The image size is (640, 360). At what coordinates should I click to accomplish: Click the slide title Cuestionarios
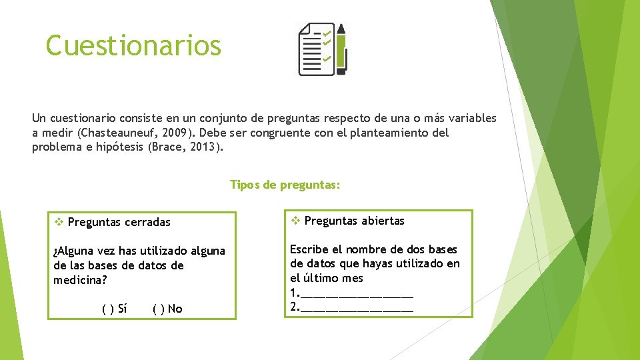point(133,45)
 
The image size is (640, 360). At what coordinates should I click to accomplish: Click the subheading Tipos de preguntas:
point(285,185)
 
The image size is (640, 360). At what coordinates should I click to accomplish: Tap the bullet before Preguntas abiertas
point(295,221)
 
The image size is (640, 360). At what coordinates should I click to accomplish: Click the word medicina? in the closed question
point(80,280)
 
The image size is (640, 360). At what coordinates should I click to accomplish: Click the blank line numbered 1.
point(357,293)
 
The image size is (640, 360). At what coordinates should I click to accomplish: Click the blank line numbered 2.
point(357,307)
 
